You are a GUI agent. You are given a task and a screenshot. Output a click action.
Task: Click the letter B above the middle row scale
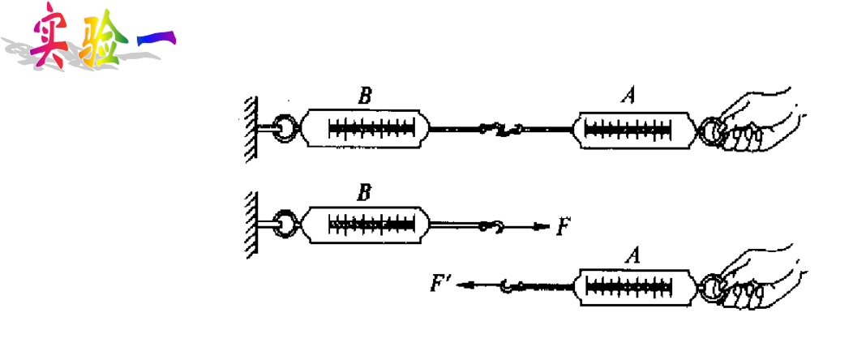click(365, 193)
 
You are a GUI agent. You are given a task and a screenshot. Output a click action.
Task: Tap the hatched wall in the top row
click(251, 128)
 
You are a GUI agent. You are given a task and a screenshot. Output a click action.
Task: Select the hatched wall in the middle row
click(251, 225)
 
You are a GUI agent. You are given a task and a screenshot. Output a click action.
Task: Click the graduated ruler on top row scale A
click(628, 128)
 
